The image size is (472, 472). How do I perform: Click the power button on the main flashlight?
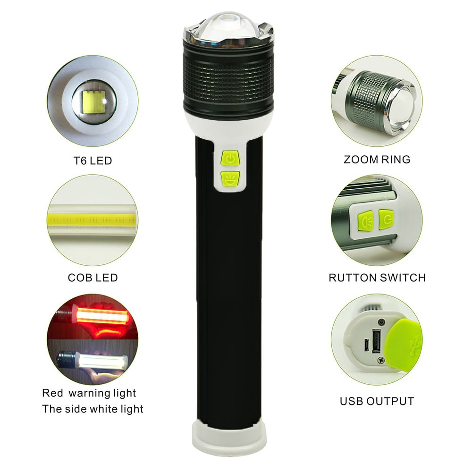230,158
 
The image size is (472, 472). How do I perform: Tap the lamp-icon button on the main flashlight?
230,179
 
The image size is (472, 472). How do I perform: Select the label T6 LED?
93,161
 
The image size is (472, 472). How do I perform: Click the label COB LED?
93,278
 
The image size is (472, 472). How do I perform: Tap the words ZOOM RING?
377,160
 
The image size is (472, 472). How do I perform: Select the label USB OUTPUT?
377,401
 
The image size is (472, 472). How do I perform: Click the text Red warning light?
89,393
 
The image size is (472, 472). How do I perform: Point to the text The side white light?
93,409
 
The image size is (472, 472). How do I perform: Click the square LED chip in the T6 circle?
94,102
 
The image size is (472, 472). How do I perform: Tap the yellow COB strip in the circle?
93,220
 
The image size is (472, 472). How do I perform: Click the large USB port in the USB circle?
376,341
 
